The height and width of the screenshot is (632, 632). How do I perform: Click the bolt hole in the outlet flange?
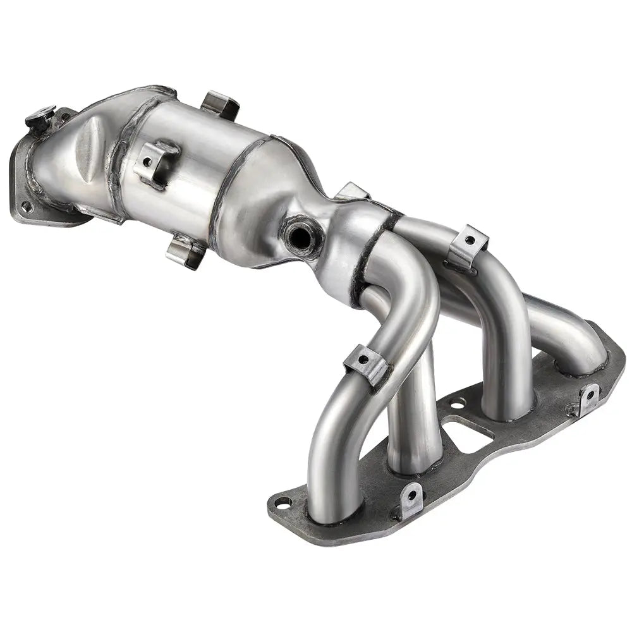tap(25, 205)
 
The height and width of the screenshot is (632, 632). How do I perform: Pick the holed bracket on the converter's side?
tap(155, 162)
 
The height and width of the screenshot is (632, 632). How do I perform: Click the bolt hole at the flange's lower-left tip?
tap(283, 503)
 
